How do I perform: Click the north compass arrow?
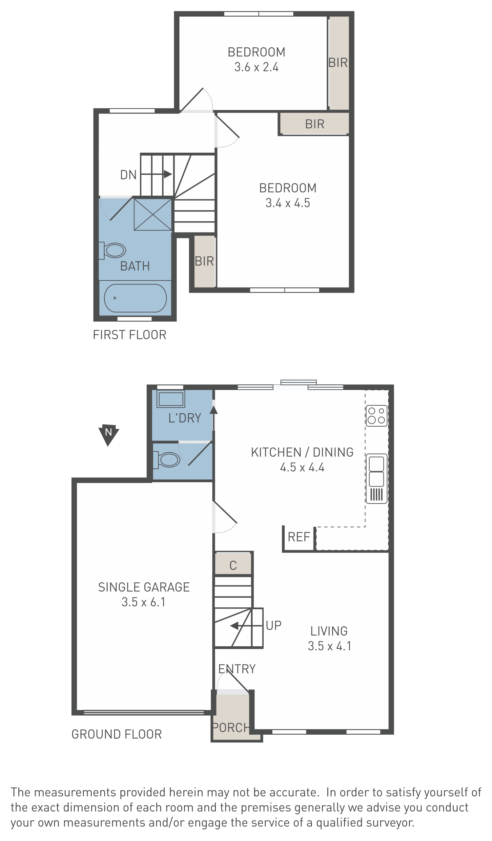tap(109, 435)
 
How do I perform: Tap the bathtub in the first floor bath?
tap(135, 298)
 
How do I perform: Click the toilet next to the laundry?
tap(166, 460)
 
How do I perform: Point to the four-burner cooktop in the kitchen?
tap(377, 416)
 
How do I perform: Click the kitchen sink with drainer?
tap(377, 479)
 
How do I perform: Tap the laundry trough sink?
tap(171, 399)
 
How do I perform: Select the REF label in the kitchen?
tap(299, 537)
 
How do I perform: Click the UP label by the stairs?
tap(274, 625)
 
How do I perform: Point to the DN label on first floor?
tap(129, 175)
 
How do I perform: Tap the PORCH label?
tap(231, 727)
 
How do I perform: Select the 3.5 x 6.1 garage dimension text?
tap(143, 602)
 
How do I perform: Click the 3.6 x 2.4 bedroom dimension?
tap(256, 67)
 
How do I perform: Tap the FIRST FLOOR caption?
tap(130, 335)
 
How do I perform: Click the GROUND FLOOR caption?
tap(116, 734)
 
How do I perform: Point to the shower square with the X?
tap(153, 214)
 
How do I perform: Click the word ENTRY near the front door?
tap(237, 669)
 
